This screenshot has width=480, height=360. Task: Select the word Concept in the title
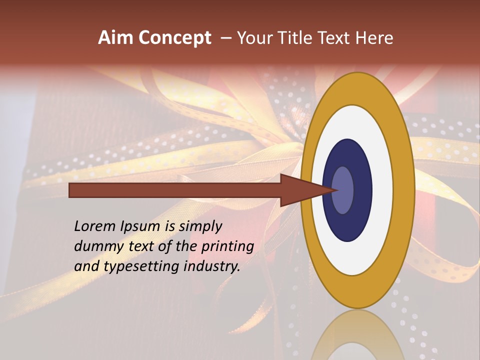[174, 38]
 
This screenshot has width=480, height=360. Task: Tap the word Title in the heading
[301, 38]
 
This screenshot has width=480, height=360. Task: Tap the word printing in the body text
[227, 246]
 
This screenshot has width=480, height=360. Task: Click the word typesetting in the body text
[142, 266]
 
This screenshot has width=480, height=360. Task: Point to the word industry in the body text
[212, 266]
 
